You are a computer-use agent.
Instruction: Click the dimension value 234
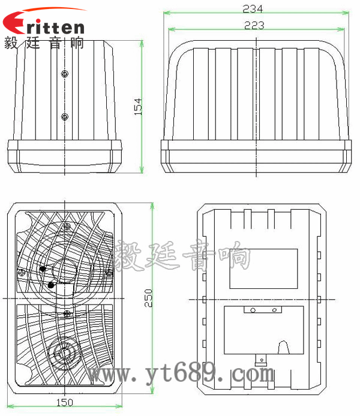point(253,8)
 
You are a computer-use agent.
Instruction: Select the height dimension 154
point(137,107)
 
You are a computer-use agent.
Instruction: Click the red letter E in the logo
point(13,25)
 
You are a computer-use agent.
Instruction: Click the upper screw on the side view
point(65,73)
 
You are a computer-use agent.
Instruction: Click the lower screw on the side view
point(65,116)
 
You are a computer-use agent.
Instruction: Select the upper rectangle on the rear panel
point(264,269)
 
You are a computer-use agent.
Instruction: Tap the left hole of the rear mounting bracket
point(253,311)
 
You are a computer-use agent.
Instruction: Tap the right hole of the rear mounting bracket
point(275,311)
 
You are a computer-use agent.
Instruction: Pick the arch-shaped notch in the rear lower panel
point(285,346)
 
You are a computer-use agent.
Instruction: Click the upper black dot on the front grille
point(43,269)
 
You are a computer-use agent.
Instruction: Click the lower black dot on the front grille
point(50,286)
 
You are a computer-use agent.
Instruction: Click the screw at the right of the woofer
point(109,272)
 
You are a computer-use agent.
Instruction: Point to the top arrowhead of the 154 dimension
point(142,43)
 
